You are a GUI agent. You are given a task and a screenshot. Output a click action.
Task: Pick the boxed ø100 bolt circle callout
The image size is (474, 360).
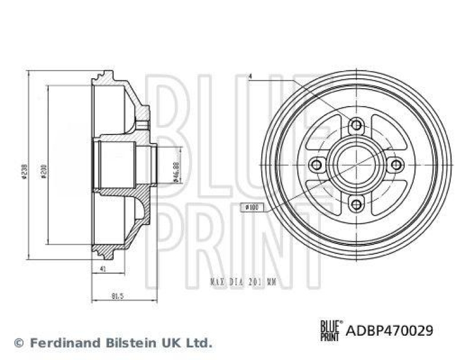251,207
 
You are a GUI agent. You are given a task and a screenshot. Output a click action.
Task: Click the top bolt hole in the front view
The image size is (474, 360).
356,125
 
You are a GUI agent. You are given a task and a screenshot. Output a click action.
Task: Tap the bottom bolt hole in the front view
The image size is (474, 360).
356,204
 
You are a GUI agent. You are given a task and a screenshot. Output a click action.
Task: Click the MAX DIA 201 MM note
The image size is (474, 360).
244,283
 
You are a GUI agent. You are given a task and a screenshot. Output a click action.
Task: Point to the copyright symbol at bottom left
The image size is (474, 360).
18,343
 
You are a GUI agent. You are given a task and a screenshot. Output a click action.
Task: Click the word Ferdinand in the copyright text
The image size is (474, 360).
59,342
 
